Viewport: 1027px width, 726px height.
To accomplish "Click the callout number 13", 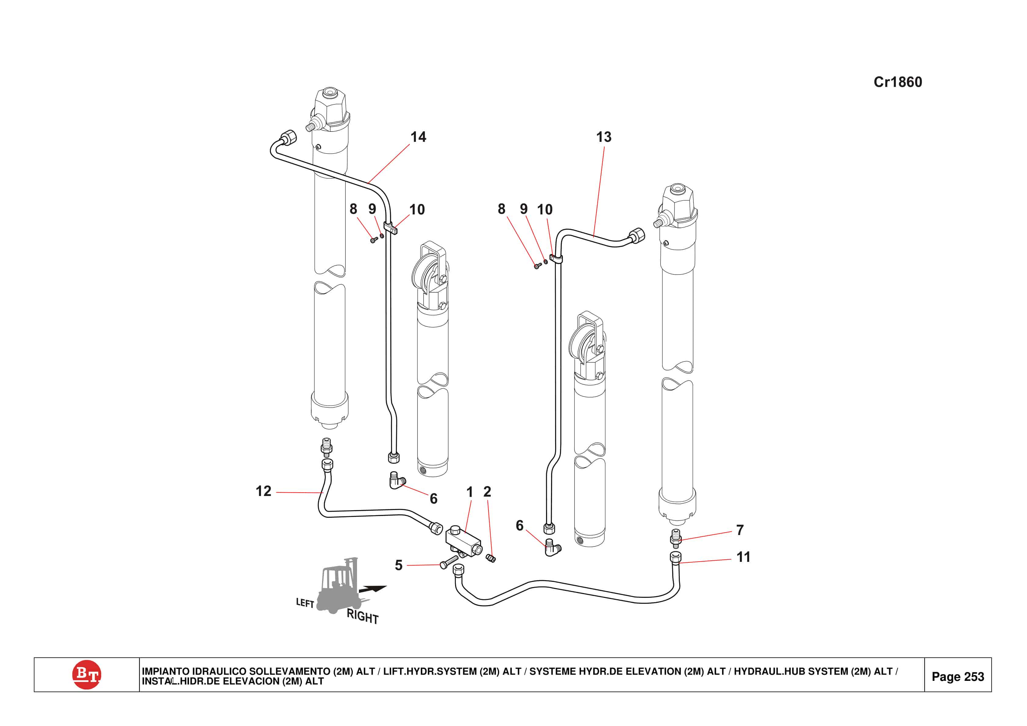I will [603, 137].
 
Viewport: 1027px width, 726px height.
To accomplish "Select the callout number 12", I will [263, 491].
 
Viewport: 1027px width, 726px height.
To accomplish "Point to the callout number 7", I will [740, 530].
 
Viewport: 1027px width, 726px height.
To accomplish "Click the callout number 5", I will [398, 565].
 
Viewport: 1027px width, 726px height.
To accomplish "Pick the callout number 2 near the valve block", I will [487, 492].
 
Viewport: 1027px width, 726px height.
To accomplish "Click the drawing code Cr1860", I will [897, 82].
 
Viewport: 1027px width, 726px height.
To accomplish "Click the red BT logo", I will [86, 674].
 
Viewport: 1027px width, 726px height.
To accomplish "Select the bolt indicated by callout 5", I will [449, 562].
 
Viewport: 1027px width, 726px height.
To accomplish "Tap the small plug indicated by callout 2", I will [491, 558].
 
